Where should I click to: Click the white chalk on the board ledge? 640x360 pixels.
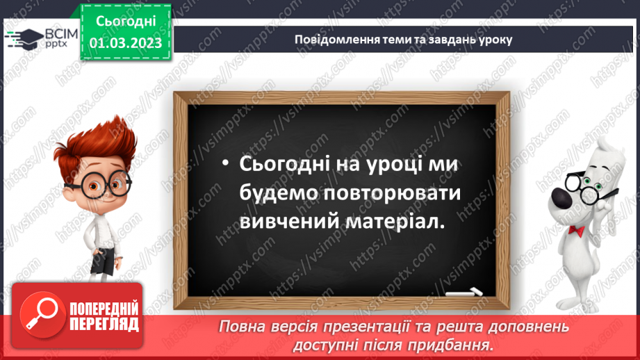click(466, 291)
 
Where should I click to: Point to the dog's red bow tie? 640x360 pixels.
click(576, 229)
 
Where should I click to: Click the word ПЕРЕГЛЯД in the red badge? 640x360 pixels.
click(104, 324)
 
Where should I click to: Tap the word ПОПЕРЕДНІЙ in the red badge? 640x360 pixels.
click(104, 309)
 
